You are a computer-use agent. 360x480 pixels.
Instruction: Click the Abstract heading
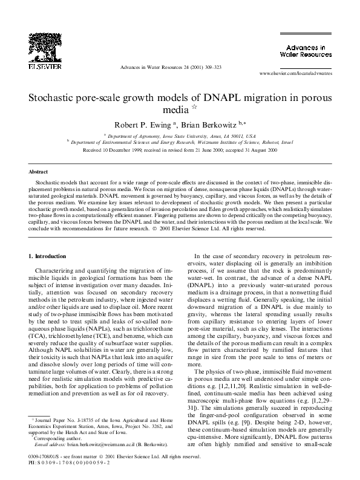(x=39, y=172)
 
